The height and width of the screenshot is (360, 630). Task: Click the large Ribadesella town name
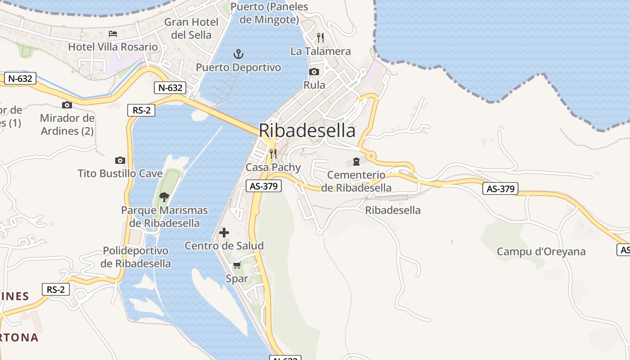pos(307,130)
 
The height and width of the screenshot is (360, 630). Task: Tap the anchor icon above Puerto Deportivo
pos(238,54)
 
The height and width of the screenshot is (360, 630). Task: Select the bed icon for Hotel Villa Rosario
pos(113,34)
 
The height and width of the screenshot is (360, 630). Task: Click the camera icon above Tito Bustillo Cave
pos(120,160)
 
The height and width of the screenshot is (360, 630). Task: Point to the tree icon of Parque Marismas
pos(164,197)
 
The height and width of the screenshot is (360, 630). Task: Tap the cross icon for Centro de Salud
pos(224,233)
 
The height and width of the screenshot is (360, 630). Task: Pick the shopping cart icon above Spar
pos(237,265)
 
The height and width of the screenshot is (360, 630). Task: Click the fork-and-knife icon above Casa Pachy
pos(273,154)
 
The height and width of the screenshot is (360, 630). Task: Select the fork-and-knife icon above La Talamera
pos(320,37)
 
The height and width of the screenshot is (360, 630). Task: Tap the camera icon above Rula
pos(314,72)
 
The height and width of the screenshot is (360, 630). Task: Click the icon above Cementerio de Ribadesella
pos(356,161)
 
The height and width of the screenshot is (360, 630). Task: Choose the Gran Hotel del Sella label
pos(191,28)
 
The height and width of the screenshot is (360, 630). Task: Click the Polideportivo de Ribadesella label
pos(135,257)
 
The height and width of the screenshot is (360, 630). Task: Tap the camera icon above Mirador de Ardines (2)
pos(67,105)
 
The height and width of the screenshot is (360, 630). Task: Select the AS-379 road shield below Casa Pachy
pos(264,185)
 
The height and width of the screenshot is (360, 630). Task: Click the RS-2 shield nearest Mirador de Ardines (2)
pos(141,110)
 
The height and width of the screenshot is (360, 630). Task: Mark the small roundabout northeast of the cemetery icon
pos(371,156)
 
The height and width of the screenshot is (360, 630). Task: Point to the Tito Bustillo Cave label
pos(120,173)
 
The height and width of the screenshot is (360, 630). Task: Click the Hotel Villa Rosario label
pos(113,47)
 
